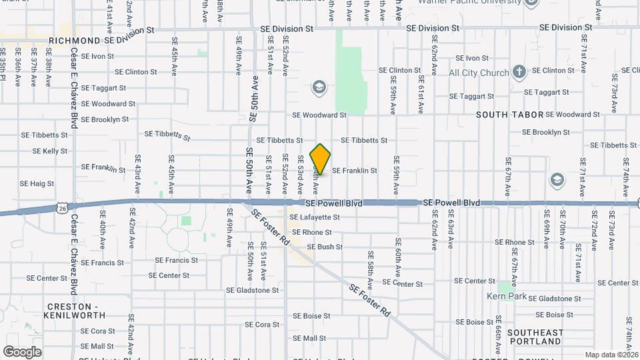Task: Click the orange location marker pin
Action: pyautogui.click(x=321, y=159)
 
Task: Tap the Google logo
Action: pyautogui.click(x=22, y=351)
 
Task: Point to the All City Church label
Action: pyautogui.click(x=479, y=73)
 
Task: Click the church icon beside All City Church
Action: pyautogui.click(x=519, y=71)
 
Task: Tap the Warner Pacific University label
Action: pyautogui.click(x=469, y=2)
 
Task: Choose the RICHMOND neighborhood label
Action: pyautogui.click(x=75, y=41)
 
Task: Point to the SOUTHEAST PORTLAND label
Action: pyautogui.click(x=535, y=337)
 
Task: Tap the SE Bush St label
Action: pyautogui.click(x=325, y=247)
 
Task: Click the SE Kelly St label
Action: pyautogui.click(x=45, y=151)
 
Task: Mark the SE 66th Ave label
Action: pyautogui.click(x=498, y=339)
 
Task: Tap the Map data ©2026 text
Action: pyautogui.click(x=611, y=355)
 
